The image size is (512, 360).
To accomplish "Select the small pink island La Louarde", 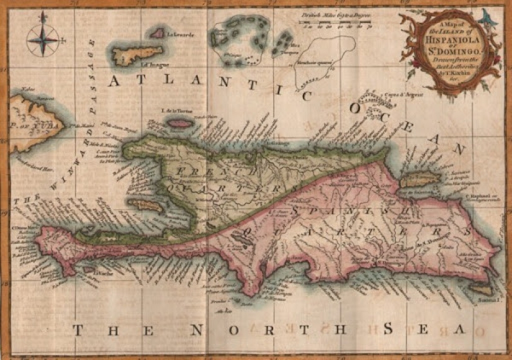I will click(158, 33).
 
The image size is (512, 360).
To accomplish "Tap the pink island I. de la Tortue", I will click(179, 124).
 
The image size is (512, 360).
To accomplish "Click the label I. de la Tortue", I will click(176, 112).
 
